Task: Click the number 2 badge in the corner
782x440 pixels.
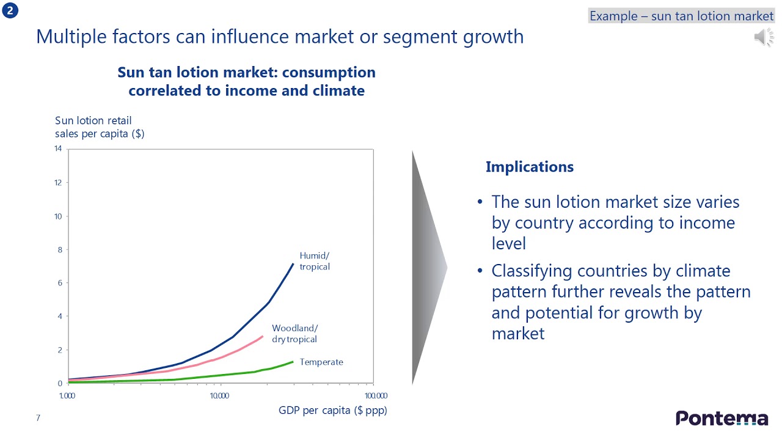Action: pos(10,10)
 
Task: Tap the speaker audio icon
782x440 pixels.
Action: pos(764,37)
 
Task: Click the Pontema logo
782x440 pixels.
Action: pos(722,418)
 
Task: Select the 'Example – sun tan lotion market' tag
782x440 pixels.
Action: pos(681,16)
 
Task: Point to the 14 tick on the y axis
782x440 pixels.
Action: pos(58,148)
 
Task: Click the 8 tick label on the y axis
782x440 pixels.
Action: pos(60,250)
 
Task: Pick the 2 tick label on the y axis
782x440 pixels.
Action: pos(60,350)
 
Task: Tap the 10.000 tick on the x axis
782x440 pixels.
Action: pos(219,395)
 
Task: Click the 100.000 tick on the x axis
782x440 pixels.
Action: pos(376,395)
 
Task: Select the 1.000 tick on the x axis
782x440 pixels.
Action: pos(67,395)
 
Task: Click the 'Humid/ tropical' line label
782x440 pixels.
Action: pos(315,261)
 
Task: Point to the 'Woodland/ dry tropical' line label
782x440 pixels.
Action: pos(295,334)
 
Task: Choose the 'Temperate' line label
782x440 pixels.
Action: pos(321,362)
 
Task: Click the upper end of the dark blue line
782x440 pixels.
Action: pos(293,263)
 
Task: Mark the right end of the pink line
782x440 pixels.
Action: pos(263,336)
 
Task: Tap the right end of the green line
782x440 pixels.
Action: pos(293,362)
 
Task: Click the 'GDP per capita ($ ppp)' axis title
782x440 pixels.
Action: pos(333,410)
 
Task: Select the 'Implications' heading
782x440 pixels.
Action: pos(530,167)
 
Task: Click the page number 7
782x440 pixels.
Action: pos(38,417)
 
